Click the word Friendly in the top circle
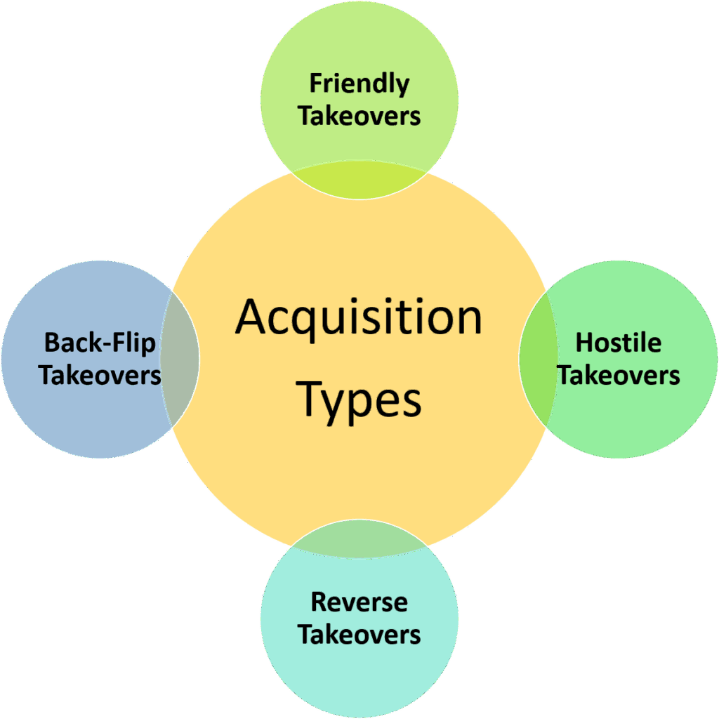tap(359, 84)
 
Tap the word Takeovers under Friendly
tap(359, 116)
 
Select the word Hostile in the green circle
tap(618, 343)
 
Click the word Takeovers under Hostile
tap(619, 375)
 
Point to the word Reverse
tap(359, 602)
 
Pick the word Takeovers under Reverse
tap(359, 634)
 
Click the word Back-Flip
tap(100, 343)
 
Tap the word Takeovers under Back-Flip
tap(100, 375)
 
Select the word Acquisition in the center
tap(359, 317)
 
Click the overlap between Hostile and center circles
tap(534, 358)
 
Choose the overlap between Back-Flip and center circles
tap(180, 358)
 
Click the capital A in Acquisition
tap(253, 317)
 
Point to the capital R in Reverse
tap(319, 602)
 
